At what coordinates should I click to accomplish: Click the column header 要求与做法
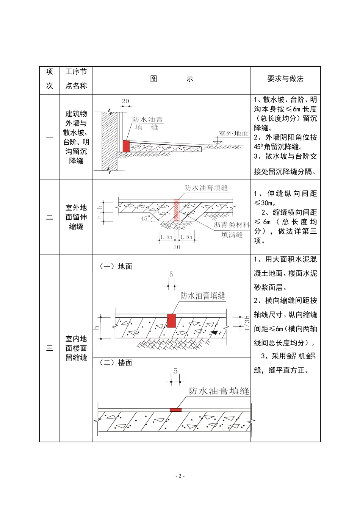click(285, 79)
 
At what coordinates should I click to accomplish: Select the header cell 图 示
click(171, 79)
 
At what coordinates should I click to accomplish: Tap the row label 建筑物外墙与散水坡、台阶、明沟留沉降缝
click(76, 137)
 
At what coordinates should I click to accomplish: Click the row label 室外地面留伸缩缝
click(76, 217)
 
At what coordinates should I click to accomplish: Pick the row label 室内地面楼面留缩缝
click(76, 348)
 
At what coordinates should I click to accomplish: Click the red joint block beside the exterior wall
click(126, 146)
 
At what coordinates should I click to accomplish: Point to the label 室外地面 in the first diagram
click(234, 133)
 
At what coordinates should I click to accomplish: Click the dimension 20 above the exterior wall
click(125, 101)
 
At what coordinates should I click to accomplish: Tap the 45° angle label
click(146, 219)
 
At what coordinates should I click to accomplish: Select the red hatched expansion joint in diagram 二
click(176, 210)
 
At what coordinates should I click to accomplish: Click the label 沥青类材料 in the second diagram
click(232, 225)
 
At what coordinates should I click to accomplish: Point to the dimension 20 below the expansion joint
click(177, 247)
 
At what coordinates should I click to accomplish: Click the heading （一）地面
click(116, 267)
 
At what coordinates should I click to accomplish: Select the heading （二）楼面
click(116, 363)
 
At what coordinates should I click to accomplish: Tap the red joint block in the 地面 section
click(172, 320)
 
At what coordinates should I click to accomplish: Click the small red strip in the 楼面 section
click(175, 410)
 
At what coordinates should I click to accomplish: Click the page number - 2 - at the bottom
click(180, 476)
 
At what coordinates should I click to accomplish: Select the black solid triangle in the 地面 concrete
click(215, 333)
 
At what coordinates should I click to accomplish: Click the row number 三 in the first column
click(50, 348)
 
